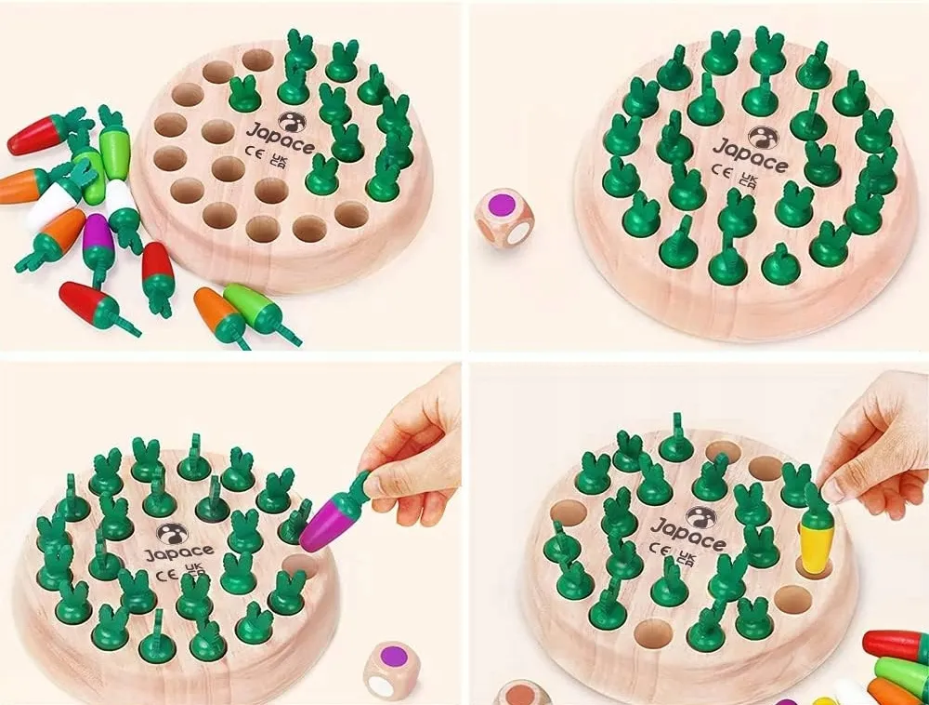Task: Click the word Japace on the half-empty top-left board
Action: click(x=281, y=140)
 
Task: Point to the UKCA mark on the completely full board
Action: click(x=750, y=180)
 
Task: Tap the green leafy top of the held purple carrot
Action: click(x=360, y=485)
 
